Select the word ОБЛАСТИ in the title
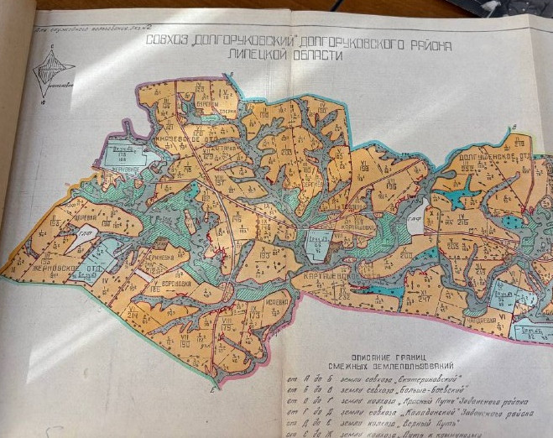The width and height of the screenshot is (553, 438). coord(308,53)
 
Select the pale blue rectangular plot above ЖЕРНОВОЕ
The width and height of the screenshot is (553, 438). coord(122,156)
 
